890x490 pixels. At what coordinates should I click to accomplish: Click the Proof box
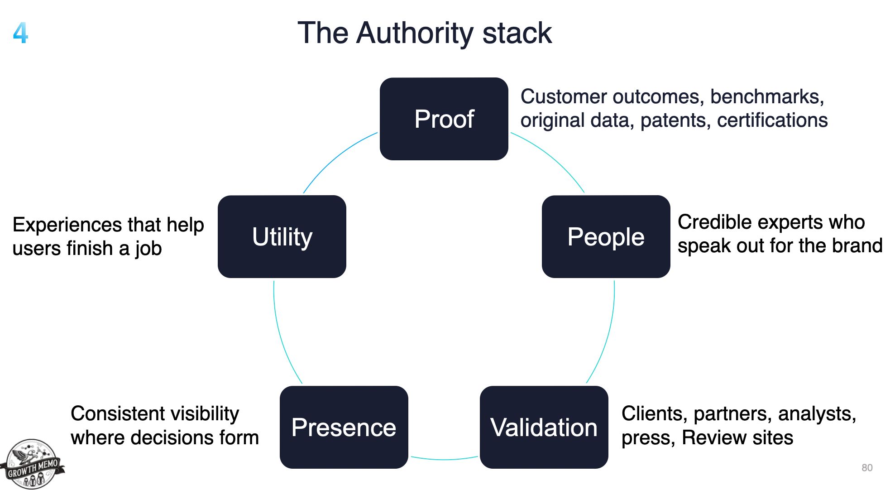click(444, 119)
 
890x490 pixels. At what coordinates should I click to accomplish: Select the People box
click(606, 236)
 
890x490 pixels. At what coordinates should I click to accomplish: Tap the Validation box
click(544, 427)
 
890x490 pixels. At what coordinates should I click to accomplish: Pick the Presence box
click(344, 427)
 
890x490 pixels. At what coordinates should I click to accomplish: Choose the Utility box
click(282, 236)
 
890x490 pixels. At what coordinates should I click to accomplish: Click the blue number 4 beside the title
click(20, 33)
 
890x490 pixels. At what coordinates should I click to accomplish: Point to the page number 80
click(866, 467)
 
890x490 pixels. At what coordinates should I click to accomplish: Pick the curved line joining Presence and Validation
click(444, 459)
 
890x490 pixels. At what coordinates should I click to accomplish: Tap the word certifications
click(772, 120)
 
